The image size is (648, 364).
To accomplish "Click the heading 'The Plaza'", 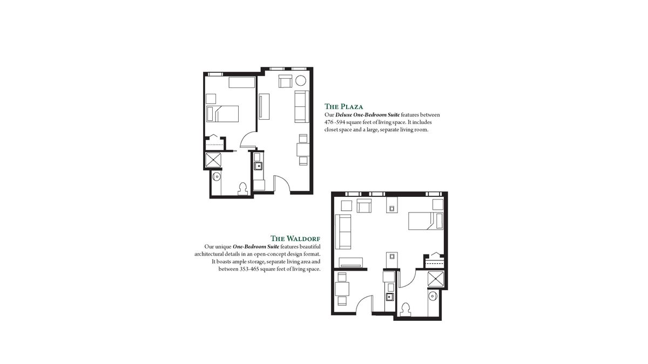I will point(343,106).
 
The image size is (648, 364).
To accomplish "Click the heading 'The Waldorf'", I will point(295,238).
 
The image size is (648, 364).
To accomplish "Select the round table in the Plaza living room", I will point(300,82).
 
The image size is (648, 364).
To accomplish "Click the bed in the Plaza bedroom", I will point(222,114).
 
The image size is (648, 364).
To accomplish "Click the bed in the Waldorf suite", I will point(425,221).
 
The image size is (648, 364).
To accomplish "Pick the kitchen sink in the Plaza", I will point(258,166).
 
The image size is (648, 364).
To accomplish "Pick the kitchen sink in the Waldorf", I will point(388,297).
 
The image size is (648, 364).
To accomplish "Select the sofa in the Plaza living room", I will point(300,106).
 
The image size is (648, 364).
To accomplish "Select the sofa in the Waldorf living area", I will point(343,231).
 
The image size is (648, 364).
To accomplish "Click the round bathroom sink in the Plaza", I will point(216,176).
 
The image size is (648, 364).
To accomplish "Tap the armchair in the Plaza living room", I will point(285,82).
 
